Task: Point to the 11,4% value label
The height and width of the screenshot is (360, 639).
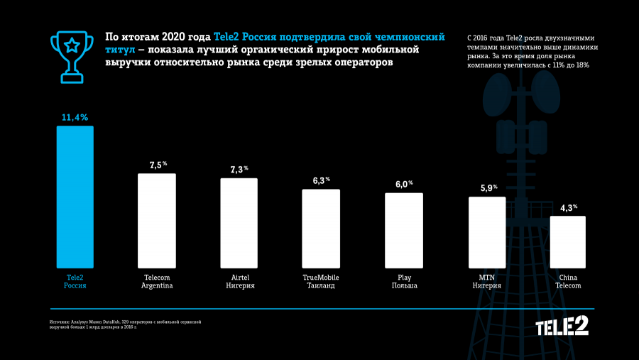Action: (x=75, y=117)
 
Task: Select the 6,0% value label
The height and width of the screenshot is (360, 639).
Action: (x=404, y=184)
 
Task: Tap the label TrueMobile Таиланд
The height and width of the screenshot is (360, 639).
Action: (x=322, y=281)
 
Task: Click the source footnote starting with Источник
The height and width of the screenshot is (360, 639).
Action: (x=125, y=324)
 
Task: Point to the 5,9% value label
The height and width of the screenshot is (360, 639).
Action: (x=487, y=188)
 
